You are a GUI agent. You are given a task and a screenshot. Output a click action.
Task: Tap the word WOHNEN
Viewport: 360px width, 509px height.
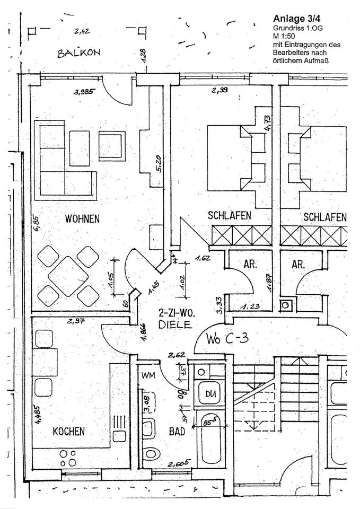pos(82,218)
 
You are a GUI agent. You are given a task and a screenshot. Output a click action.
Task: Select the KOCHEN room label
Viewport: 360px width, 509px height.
pos(68,432)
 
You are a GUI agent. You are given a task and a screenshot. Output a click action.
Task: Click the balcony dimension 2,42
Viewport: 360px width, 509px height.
pos(82,31)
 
